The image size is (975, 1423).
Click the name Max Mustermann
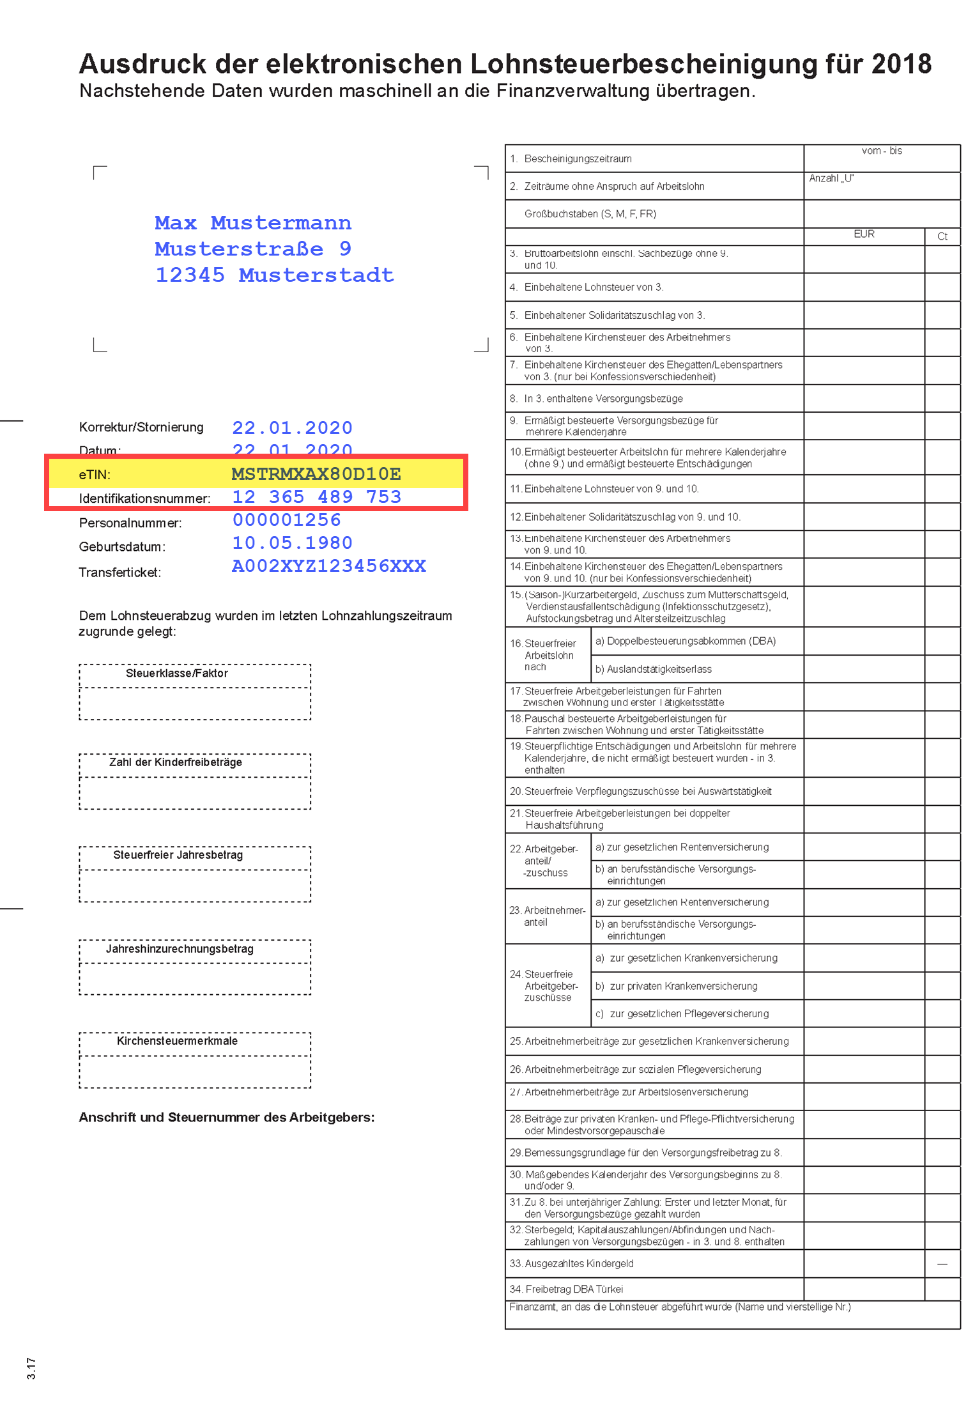pyautogui.click(x=252, y=223)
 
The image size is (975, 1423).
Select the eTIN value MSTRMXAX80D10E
pyautogui.click(x=316, y=474)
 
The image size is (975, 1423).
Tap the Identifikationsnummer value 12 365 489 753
pyautogui.click(x=316, y=497)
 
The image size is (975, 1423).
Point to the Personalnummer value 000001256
pyautogui.click(x=286, y=520)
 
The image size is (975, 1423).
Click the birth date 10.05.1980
pyautogui.click(x=292, y=543)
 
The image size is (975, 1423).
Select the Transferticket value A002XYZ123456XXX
pyautogui.click(x=328, y=566)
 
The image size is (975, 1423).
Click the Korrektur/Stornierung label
pyautogui.click(x=141, y=427)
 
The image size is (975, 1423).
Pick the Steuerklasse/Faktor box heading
pyautogui.click(x=176, y=673)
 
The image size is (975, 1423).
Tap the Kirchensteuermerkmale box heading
pyautogui.click(x=177, y=1041)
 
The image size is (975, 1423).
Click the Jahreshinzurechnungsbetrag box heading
pyautogui.click(x=180, y=949)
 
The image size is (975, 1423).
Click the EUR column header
pyautogui.click(x=864, y=235)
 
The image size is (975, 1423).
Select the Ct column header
pyautogui.click(x=942, y=236)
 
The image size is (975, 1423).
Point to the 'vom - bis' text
pyautogui.click(x=882, y=151)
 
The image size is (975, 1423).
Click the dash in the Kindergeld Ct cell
pyautogui.click(x=942, y=1264)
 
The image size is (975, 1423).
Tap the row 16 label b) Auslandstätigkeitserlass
pyautogui.click(x=653, y=669)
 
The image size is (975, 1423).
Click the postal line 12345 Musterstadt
pyautogui.click(x=275, y=275)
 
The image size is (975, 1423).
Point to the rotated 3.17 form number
pyautogui.click(x=31, y=1368)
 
